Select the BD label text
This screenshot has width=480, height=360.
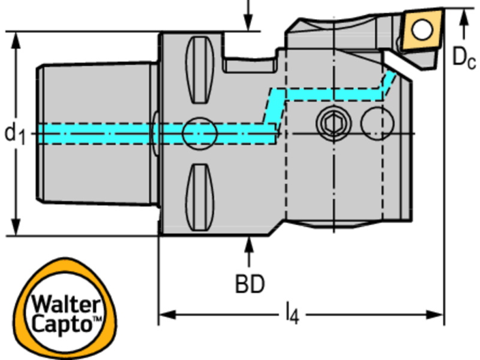tap(249, 284)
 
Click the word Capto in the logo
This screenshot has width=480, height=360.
tap(60, 325)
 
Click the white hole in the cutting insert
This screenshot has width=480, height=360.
tap(423, 27)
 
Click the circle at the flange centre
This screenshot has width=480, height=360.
tap(199, 133)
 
